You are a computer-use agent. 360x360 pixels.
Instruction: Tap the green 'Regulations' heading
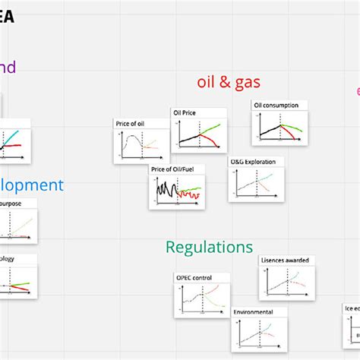tap(209, 247)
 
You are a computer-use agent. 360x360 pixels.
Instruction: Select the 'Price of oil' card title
tap(129, 123)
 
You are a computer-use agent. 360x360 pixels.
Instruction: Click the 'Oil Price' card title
tap(185, 112)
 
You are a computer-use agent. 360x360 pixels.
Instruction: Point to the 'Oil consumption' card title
tap(276, 105)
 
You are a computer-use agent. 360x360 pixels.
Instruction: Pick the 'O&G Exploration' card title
tap(248, 162)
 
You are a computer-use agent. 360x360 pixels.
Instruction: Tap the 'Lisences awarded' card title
tap(285, 261)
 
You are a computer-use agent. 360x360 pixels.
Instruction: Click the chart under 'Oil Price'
tap(199, 134)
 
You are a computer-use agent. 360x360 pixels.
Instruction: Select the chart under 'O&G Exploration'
tap(255, 185)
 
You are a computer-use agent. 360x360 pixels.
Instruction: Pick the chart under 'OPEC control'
tap(201, 300)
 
